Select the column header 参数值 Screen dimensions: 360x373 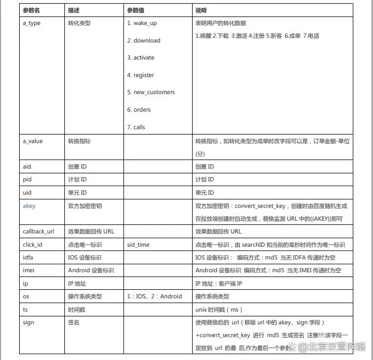coord(136,10)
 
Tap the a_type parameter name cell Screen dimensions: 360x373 coord(32,23)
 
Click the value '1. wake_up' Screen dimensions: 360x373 coord(142,23)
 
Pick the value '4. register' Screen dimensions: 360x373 coord(140,75)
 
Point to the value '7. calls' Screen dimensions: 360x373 coord(136,127)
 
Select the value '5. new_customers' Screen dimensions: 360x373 coord(151,92)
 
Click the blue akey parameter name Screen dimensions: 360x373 coord(29,206)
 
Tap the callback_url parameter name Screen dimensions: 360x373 coord(38,231)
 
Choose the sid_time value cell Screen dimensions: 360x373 coord(138,245)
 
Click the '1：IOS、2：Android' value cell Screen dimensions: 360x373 coord(154,296)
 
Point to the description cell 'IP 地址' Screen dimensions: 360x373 coord(78,283)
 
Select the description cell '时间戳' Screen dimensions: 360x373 coord(77,309)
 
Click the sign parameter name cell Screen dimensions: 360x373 coord(29,322)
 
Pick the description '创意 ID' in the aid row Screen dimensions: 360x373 coord(78,166)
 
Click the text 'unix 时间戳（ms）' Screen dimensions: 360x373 coord(219,309)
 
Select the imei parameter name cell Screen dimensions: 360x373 coord(29,270)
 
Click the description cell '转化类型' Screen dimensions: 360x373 coord(80,23)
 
